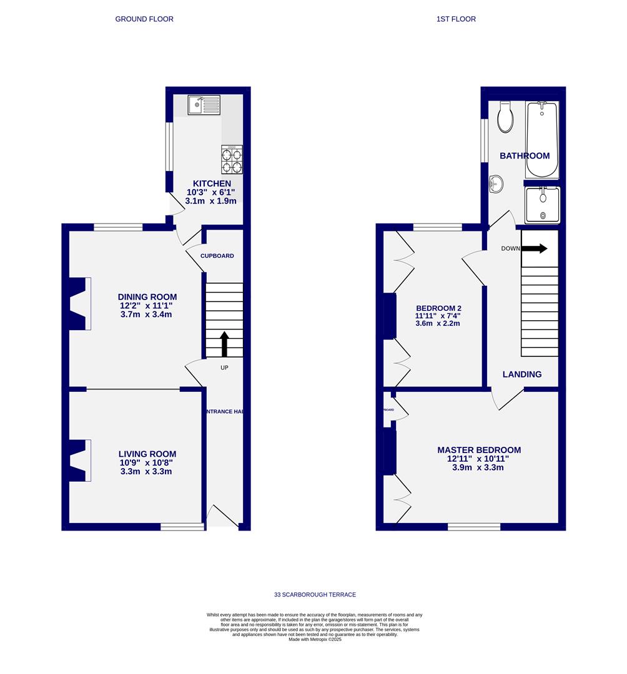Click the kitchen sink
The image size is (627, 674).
click(204, 105)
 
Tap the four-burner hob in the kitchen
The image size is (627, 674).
click(231, 160)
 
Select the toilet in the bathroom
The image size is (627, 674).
click(505, 117)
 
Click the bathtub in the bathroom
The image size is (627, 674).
click(541, 140)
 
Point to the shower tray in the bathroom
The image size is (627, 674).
click(542, 205)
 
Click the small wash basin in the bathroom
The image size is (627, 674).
click(495, 183)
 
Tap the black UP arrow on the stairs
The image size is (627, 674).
click(224, 344)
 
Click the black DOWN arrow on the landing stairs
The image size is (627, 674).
click(535, 248)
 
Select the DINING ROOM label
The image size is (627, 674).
click(147, 297)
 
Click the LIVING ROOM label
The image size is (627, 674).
click(147, 454)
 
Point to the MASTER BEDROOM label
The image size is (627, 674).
click(478, 450)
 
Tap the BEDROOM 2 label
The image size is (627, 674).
click(438, 308)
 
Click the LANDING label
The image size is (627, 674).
click(522, 374)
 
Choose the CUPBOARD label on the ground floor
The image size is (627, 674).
click(217, 256)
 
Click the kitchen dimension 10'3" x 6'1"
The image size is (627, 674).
click(210, 192)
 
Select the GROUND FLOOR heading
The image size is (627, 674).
click(144, 19)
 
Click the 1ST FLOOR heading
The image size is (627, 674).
click(456, 19)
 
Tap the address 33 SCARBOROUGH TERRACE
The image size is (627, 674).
click(315, 595)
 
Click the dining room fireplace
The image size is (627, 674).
click(79, 303)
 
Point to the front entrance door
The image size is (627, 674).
click(222, 517)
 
